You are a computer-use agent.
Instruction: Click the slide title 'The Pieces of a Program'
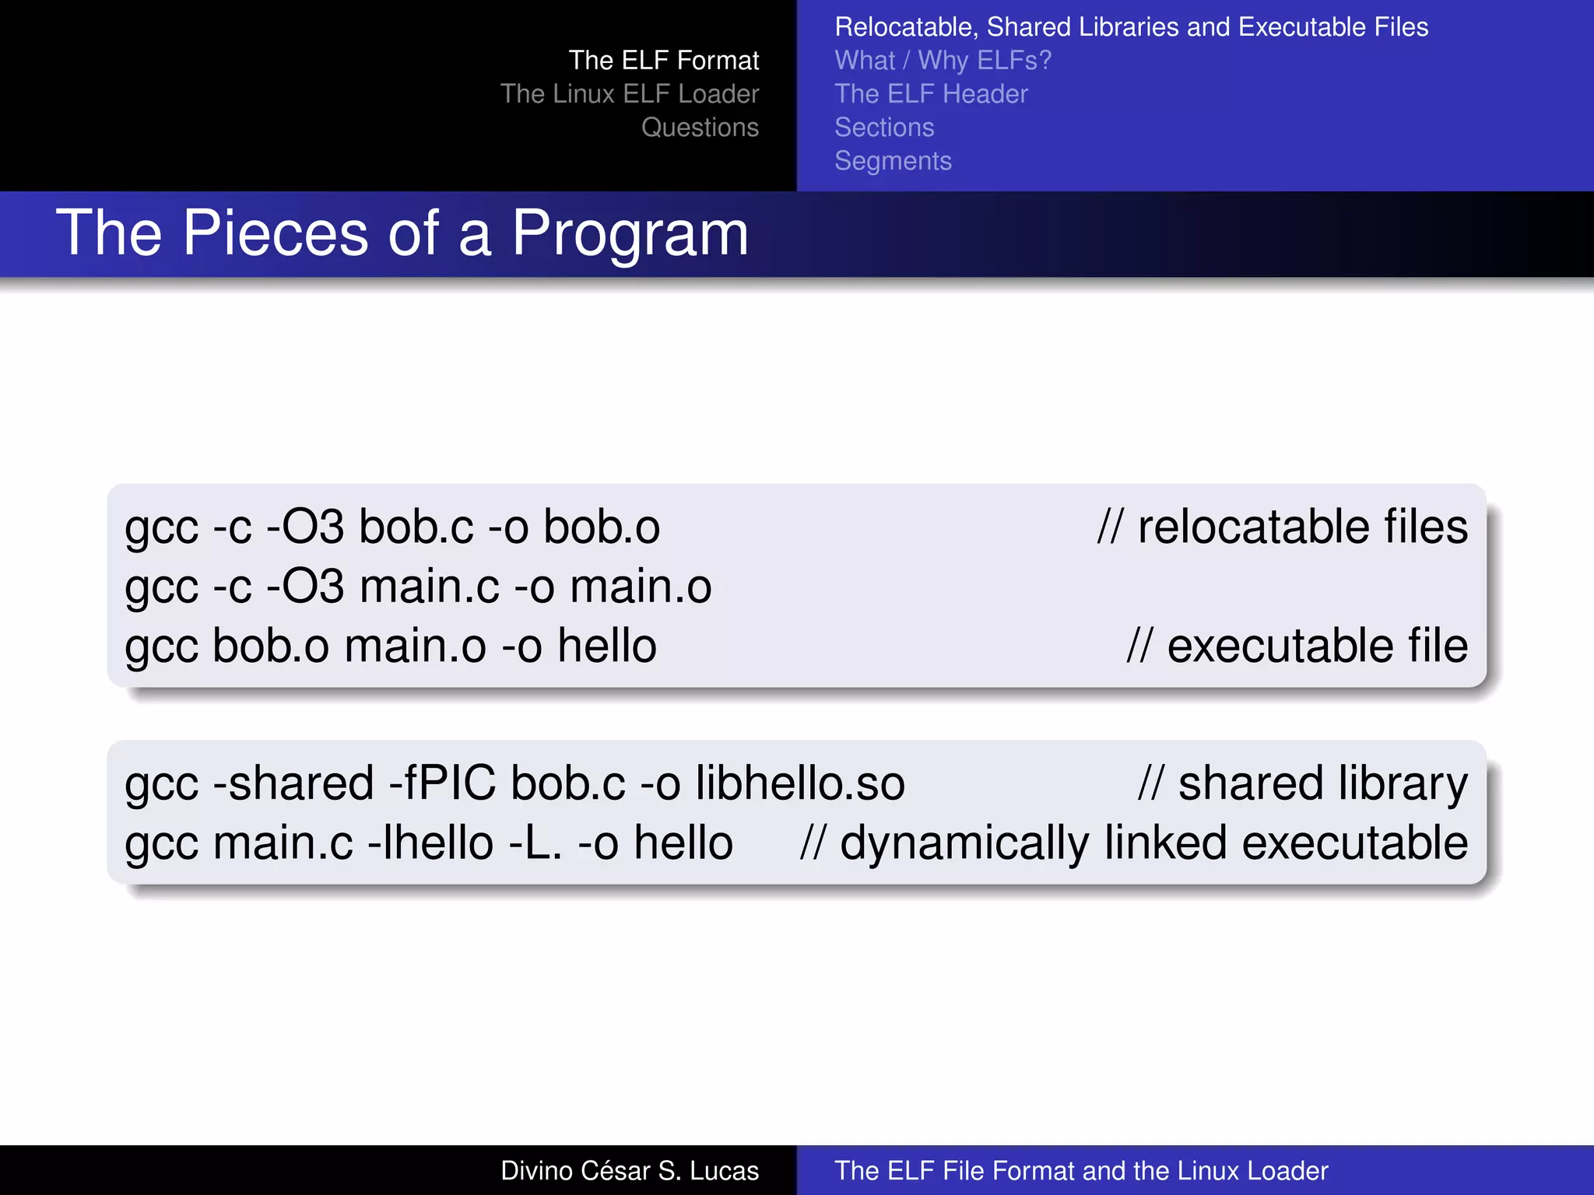click(x=402, y=233)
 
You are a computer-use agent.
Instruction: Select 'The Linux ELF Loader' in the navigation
click(x=629, y=94)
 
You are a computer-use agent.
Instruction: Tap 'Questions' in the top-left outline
click(x=700, y=128)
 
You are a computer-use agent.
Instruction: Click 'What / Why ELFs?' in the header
click(x=943, y=61)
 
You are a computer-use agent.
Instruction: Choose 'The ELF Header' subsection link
click(x=931, y=94)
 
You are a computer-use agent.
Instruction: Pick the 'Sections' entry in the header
click(x=884, y=128)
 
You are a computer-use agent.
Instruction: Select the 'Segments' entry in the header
click(x=893, y=161)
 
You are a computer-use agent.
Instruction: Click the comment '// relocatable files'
click(x=1282, y=527)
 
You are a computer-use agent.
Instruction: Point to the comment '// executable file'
click(x=1297, y=646)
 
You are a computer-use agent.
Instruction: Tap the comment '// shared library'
click(x=1302, y=783)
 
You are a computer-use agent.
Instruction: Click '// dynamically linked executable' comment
click(x=1133, y=843)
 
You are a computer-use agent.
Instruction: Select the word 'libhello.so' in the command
click(x=799, y=783)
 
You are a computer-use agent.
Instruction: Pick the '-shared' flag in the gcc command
click(x=293, y=783)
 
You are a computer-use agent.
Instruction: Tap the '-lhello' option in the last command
click(x=430, y=843)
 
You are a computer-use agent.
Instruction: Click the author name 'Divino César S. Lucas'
click(x=629, y=1171)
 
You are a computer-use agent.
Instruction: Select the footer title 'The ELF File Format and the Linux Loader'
click(x=1080, y=1171)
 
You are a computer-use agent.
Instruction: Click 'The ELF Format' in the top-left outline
click(x=663, y=61)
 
